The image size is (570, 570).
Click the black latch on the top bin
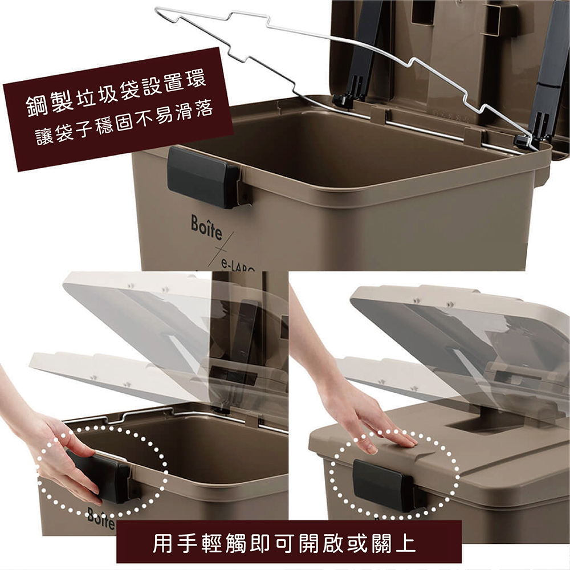click(x=203, y=177)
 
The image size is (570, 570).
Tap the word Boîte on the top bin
click(x=206, y=227)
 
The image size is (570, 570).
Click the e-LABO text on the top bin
click(x=237, y=266)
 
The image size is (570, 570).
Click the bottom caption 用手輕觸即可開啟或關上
click(x=284, y=543)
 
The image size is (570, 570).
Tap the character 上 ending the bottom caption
click(x=405, y=543)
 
